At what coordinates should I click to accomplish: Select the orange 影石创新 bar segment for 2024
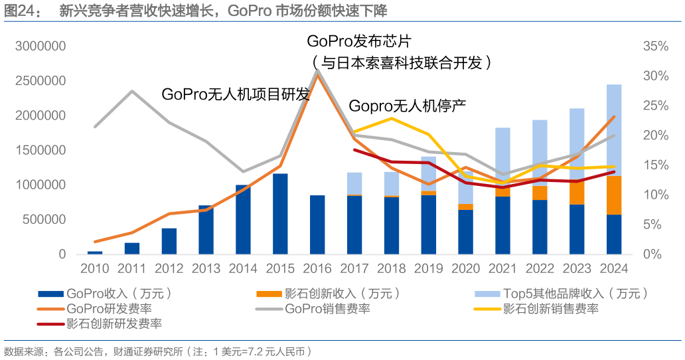click(614, 195)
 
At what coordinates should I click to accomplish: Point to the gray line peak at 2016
click(317, 70)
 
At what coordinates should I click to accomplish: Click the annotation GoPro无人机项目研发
click(236, 94)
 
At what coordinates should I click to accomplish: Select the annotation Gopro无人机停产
click(408, 106)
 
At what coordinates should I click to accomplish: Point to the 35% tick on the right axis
click(655, 46)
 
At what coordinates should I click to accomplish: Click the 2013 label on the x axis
click(206, 269)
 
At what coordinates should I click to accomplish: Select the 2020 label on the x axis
click(465, 269)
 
